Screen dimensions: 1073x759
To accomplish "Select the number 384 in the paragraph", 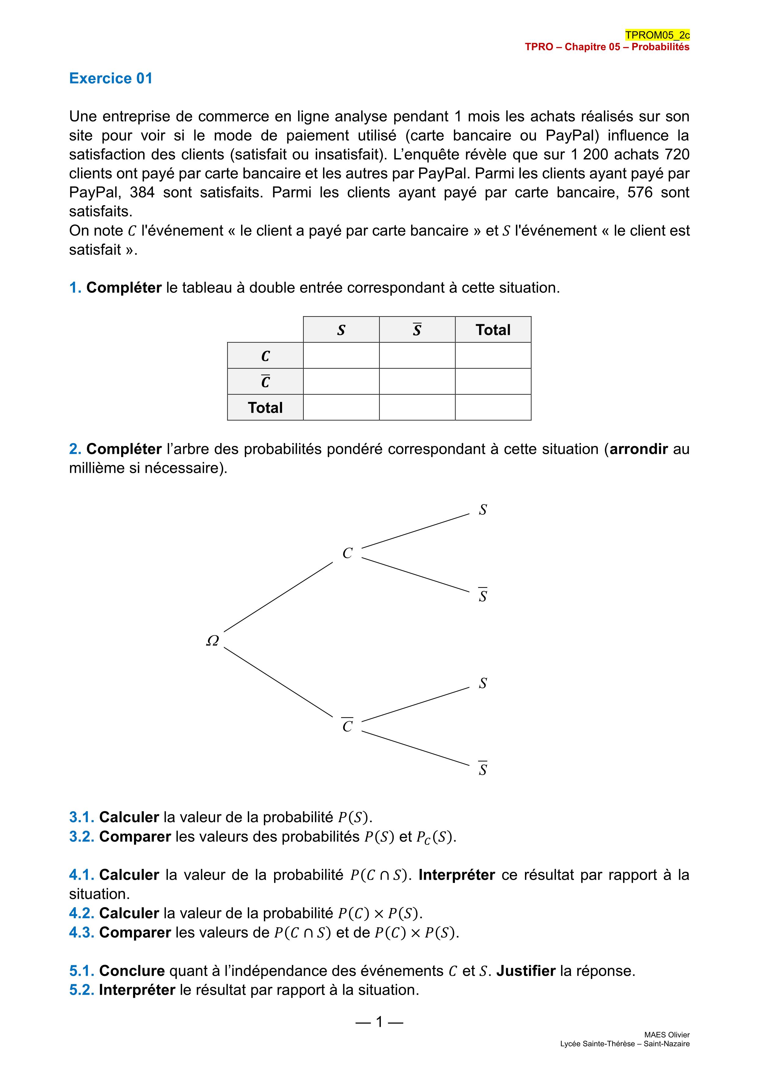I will [x=142, y=192].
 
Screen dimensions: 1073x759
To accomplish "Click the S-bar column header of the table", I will [x=417, y=330].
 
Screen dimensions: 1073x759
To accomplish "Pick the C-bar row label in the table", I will [x=265, y=381].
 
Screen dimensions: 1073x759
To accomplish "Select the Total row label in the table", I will [x=265, y=407].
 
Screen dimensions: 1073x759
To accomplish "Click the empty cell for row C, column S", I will [x=341, y=356].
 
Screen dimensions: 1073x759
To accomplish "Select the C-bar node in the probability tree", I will [x=347, y=726].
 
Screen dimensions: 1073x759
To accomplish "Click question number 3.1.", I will [x=82, y=817].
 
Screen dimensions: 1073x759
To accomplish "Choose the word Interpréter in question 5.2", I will [x=137, y=990].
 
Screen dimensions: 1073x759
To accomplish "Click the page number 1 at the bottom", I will [x=379, y=1022].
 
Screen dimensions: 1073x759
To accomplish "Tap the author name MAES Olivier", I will [x=667, y=1035].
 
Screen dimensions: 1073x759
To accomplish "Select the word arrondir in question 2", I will [x=638, y=449].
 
